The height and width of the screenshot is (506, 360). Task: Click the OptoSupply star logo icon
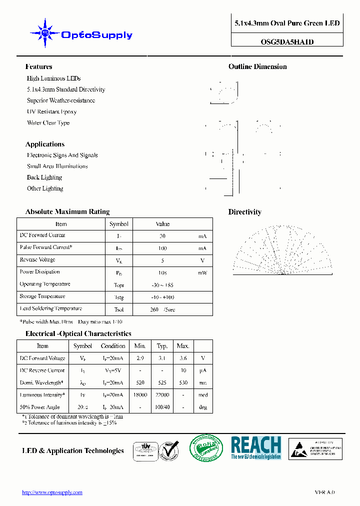click(x=45, y=34)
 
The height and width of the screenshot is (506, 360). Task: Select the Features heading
click(x=38, y=66)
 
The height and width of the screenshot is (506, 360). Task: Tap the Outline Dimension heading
click(x=257, y=66)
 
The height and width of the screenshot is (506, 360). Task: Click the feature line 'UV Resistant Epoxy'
click(x=51, y=111)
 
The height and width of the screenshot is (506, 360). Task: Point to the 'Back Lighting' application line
click(x=44, y=177)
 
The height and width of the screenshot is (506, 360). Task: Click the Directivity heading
click(x=244, y=212)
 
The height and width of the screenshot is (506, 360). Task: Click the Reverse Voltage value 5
click(x=162, y=260)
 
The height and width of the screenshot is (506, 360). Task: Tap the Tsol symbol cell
click(x=118, y=309)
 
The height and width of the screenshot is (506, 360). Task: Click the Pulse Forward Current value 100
click(x=162, y=248)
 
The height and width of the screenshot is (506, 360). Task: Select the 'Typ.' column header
click(x=162, y=346)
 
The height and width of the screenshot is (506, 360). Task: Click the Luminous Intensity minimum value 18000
click(x=139, y=395)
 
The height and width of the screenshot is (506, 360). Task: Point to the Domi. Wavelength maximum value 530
click(x=183, y=382)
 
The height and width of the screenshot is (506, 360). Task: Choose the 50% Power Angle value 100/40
click(x=162, y=407)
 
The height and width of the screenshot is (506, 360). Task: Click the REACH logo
click(x=256, y=447)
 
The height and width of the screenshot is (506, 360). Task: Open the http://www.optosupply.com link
click(x=52, y=492)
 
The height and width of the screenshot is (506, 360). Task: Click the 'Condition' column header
click(x=113, y=346)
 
